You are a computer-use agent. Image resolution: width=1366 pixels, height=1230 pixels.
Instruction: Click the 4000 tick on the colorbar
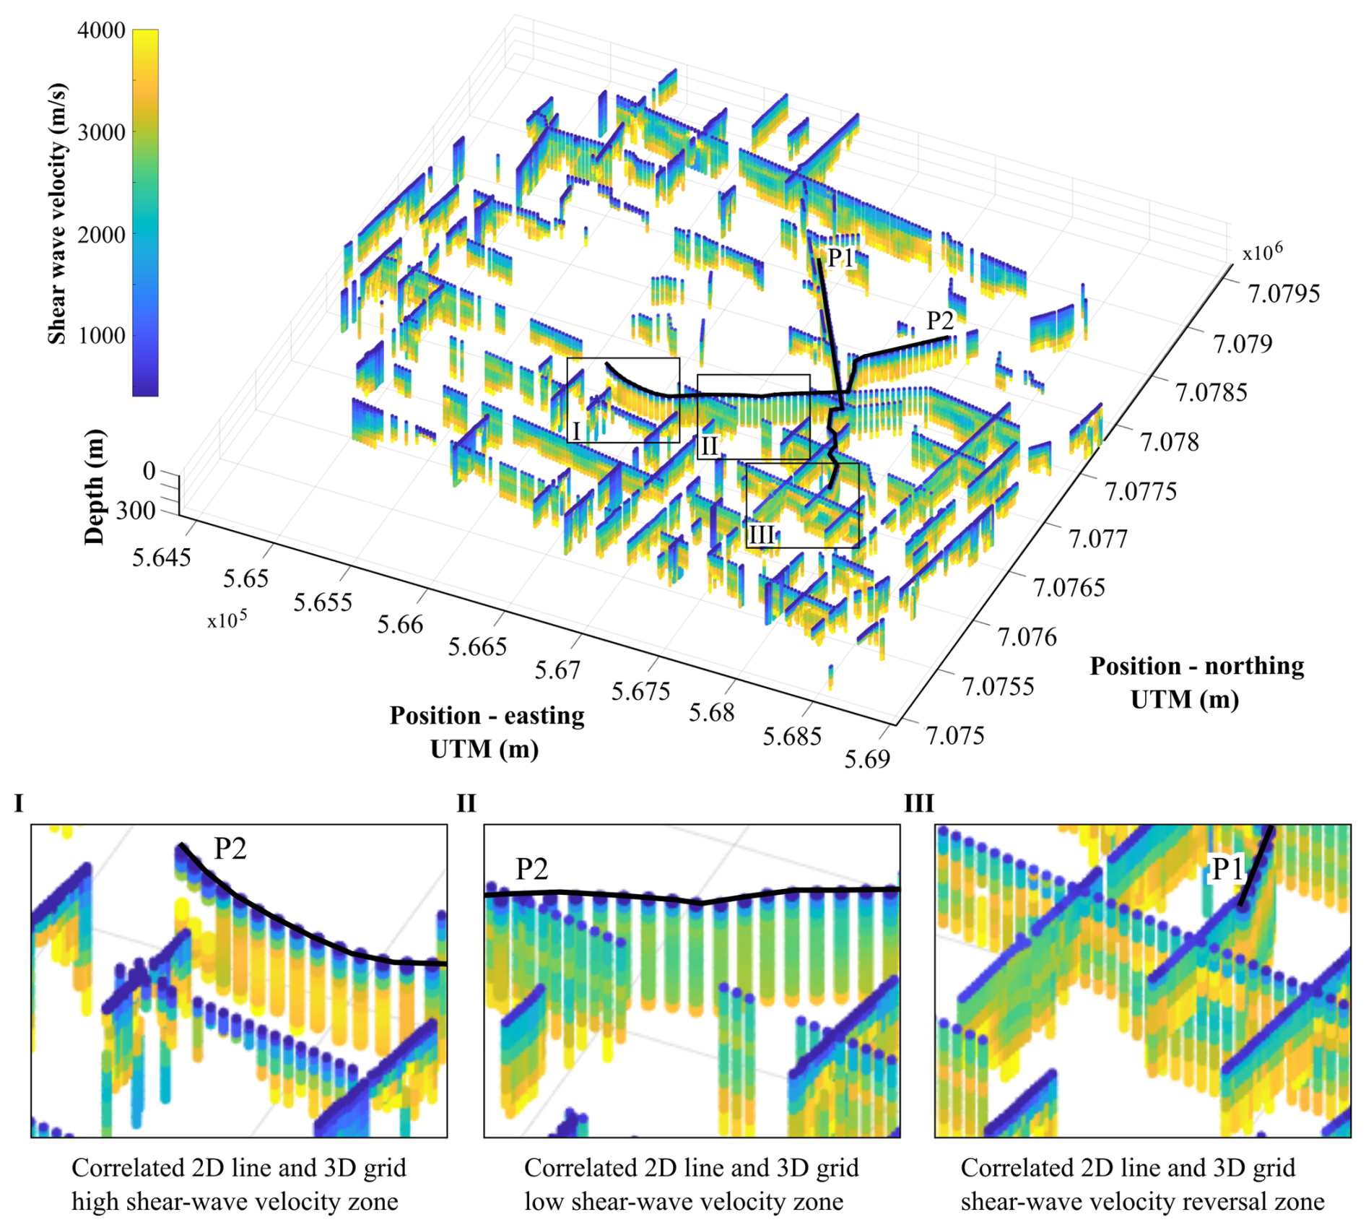pyautogui.click(x=101, y=31)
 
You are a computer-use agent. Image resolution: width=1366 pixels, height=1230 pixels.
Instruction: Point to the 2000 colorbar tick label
pyautogui.click(x=101, y=235)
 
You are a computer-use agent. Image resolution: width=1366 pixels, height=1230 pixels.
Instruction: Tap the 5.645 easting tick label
pyautogui.click(x=161, y=558)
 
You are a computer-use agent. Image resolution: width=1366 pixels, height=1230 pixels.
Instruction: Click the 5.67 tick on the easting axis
pyautogui.click(x=557, y=670)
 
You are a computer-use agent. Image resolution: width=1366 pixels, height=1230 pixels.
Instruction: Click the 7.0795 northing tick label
pyautogui.click(x=1284, y=294)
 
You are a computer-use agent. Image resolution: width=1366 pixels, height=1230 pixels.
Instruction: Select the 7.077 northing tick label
pyautogui.click(x=1097, y=539)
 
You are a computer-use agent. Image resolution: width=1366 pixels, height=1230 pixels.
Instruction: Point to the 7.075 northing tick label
pyautogui.click(x=954, y=736)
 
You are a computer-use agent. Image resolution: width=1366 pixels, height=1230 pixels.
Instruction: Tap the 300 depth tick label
pyautogui.click(x=136, y=511)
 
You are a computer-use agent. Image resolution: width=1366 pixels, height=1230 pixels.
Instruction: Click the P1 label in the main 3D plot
pyautogui.click(x=840, y=257)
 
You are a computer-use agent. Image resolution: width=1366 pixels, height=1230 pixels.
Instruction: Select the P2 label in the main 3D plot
pyautogui.click(x=939, y=320)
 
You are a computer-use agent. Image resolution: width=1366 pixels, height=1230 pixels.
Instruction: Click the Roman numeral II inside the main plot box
pyautogui.click(x=709, y=447)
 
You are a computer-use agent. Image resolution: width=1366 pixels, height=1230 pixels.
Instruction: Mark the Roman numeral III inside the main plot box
pyautogui.click(x=761, y=535)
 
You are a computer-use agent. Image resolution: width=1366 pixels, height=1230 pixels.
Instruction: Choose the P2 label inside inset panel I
pyautogui.click(x=230, y=849)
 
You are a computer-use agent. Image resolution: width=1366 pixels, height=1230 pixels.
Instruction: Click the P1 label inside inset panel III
pyautogui.click(x=1227, y=869)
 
